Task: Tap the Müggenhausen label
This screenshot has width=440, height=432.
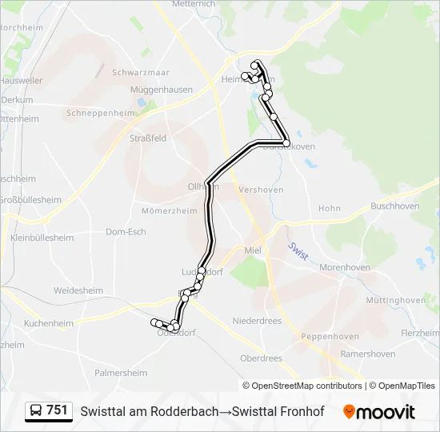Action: pos(163,90)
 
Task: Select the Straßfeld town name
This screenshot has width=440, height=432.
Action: pos(148,138)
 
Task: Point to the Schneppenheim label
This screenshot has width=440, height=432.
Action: pos(101,114)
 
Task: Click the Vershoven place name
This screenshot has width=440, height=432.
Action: pos(262,190)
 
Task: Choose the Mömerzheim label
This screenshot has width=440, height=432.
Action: pos(169,211)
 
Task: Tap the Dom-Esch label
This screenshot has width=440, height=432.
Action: pos(126,232)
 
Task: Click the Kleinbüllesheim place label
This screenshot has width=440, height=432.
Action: pos(42,238)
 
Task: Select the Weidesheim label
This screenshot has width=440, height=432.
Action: pos(78,290)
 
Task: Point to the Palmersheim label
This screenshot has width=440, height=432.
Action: pos(121,373)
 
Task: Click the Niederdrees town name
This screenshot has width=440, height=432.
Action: pos(257,320)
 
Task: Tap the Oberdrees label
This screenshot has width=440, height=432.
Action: pos(262,358)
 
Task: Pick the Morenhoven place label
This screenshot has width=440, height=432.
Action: pos(345,267)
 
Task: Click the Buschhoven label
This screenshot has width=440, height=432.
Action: pos(395,206)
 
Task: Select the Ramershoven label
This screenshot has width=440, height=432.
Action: pos(367,354)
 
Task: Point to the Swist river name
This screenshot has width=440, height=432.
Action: pos(298,251)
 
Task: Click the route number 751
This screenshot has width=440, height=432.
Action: pos(57,410)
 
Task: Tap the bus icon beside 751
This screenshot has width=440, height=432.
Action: pos(36,411)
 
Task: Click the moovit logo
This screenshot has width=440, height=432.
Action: pos(379,412)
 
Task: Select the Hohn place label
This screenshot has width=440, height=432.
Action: pos(330,208)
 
